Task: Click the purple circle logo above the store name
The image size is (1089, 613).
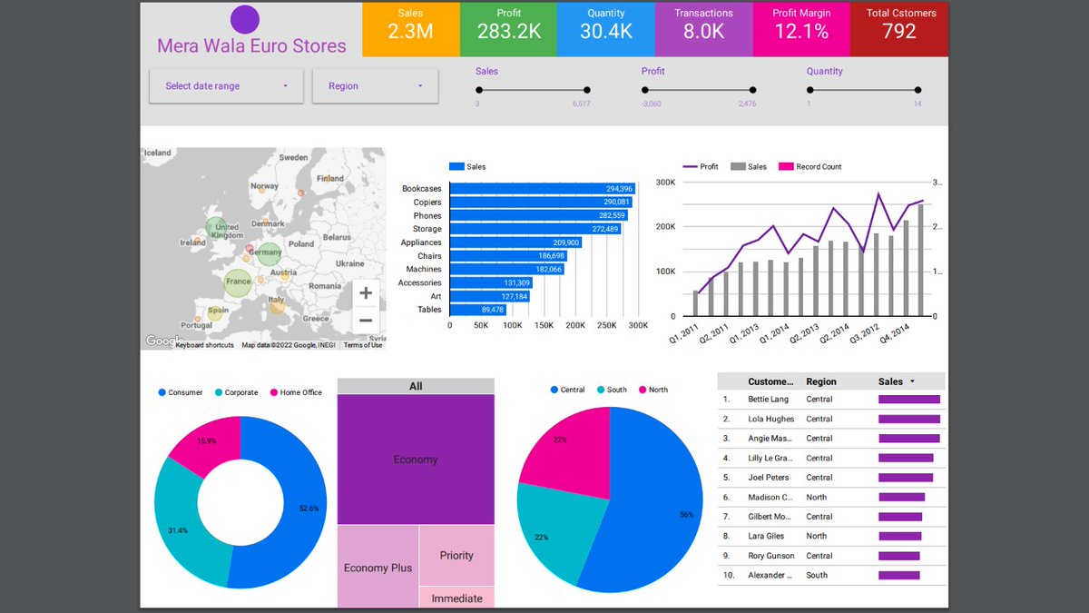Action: point(245,20)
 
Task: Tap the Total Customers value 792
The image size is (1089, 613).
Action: point(900,32)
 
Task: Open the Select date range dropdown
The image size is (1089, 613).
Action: point(226,86)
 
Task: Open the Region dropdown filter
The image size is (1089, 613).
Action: point(375,86)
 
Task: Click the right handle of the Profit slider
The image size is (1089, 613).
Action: point(752,90)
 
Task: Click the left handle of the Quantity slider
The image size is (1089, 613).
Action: point(809,90)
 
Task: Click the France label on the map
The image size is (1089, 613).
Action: point(238,282)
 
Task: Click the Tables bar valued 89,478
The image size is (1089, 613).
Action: point(477,310)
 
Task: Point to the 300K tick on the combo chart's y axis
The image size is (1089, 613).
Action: point(665,183)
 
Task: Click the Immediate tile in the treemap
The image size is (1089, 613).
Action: point(456,598)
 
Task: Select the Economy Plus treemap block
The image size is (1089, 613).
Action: point(378,567)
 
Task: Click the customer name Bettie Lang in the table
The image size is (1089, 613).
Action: point(768,400)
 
